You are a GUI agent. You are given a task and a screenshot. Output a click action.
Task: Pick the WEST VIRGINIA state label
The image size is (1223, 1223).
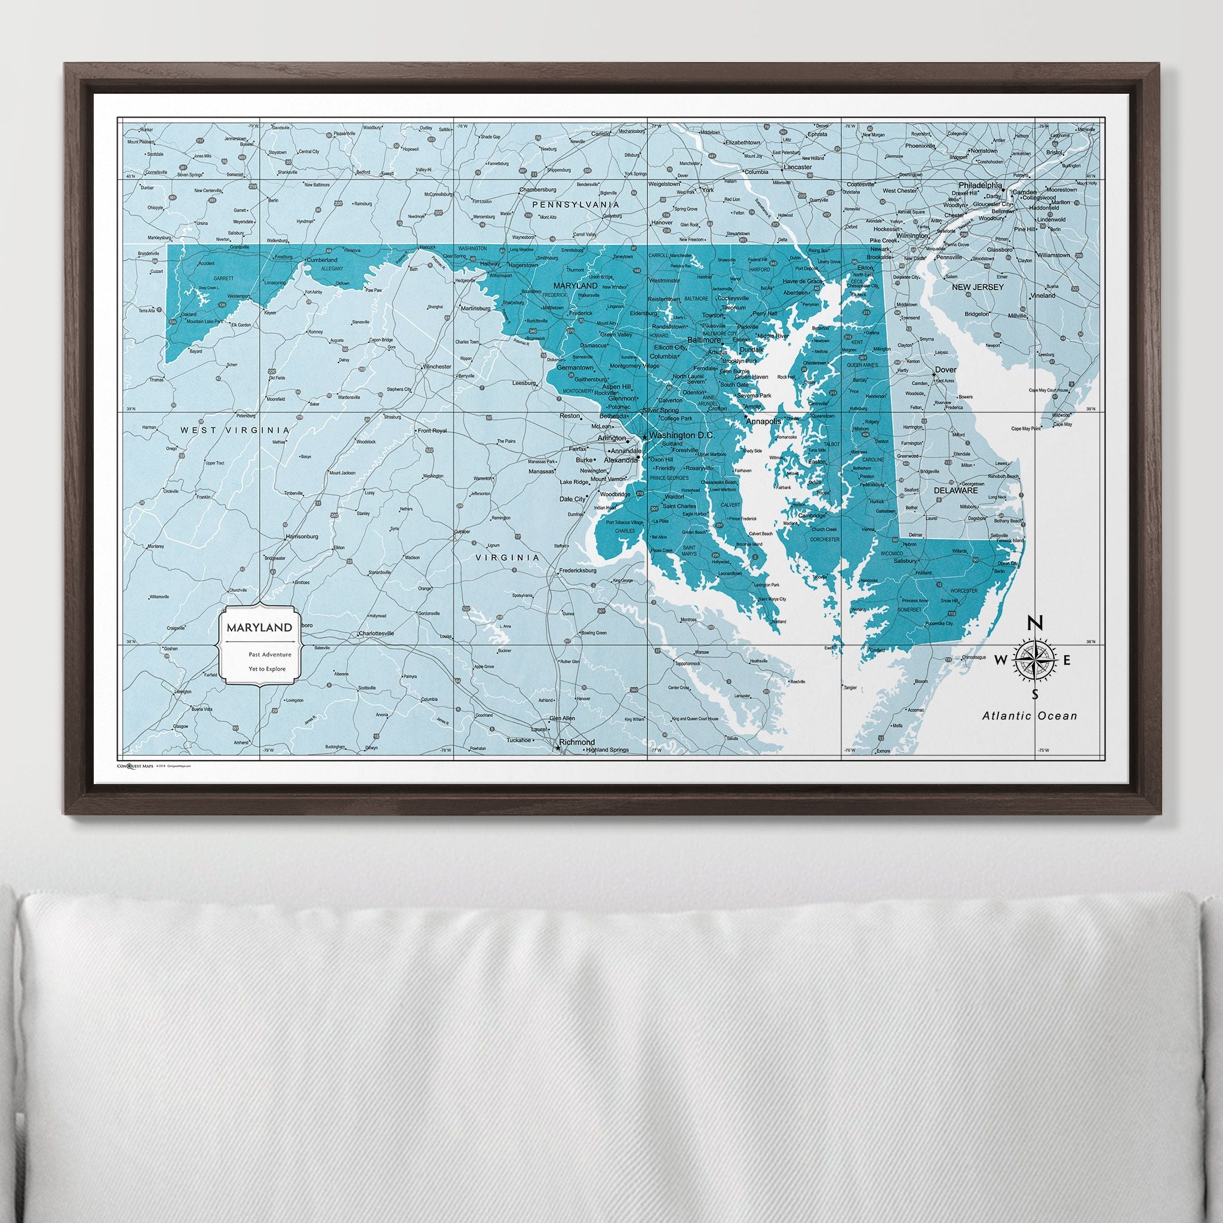(x=235, y=430)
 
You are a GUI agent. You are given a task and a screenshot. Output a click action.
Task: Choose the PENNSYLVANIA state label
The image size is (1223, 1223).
(x=576, y=205)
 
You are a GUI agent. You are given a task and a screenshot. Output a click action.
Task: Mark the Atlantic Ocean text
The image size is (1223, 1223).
(x=1030, y=716)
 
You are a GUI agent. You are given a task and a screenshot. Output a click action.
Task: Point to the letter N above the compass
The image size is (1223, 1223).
(x=1034, y=623)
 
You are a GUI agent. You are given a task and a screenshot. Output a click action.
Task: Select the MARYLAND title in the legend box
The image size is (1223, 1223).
(x=256, y=628)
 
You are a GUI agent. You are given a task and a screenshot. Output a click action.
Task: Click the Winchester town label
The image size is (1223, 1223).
(x=437, y=367)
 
